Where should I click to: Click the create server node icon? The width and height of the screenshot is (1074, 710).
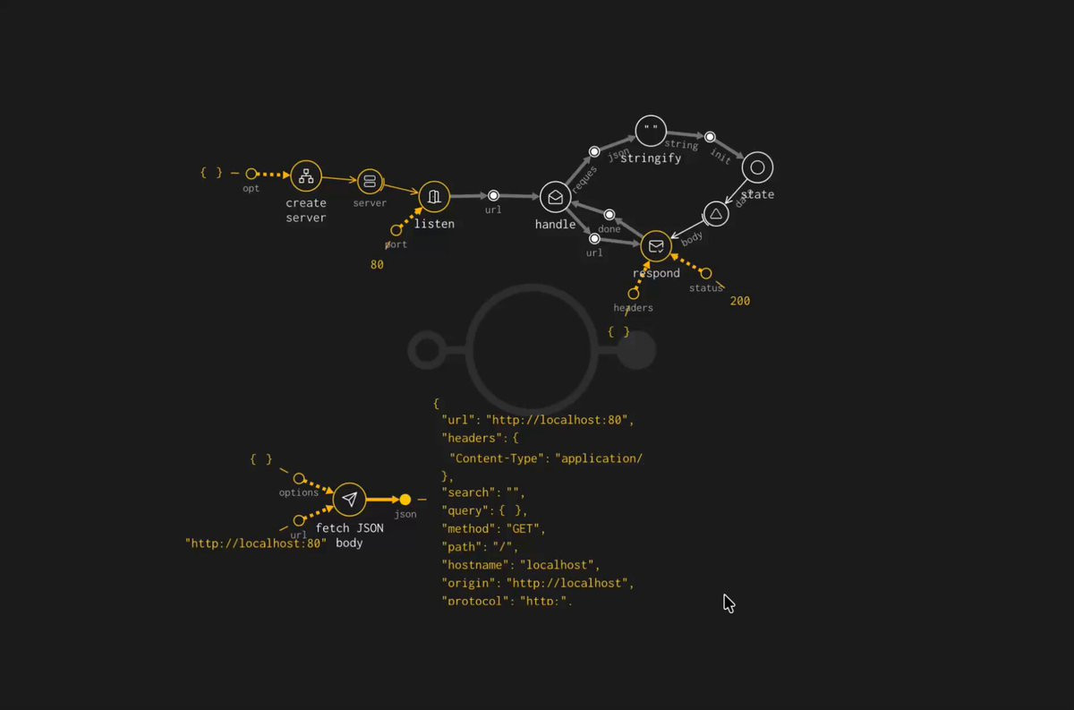pos(306,176)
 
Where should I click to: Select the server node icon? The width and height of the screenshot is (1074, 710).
pos(370,183)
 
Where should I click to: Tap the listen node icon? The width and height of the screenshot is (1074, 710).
pos(434,196)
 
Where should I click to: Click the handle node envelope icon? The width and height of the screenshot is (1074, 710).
pos(555,197)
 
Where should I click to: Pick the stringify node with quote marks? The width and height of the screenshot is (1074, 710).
pos(651,131)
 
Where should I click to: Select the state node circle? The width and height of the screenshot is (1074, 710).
pos(757,167)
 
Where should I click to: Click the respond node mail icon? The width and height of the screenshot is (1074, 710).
pos(656,246)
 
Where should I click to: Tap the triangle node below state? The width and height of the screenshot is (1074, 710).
pos(715,214)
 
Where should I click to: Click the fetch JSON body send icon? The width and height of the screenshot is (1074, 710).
pos(349,499)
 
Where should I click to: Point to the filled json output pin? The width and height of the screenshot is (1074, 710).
pos(405,500)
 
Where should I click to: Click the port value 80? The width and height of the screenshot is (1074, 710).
pos(377,265)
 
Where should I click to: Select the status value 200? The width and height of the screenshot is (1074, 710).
pos(740,302)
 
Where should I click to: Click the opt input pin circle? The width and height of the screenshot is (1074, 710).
pos(251,174)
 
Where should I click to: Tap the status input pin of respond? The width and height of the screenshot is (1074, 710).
pos(705,273)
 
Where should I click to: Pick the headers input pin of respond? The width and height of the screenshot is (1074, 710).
pos(634,294)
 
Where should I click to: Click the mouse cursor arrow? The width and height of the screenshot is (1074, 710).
pos(729,603)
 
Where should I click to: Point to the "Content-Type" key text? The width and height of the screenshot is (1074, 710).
pos(498,458)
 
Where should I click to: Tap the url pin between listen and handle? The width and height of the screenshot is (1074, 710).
pos(493,195)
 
